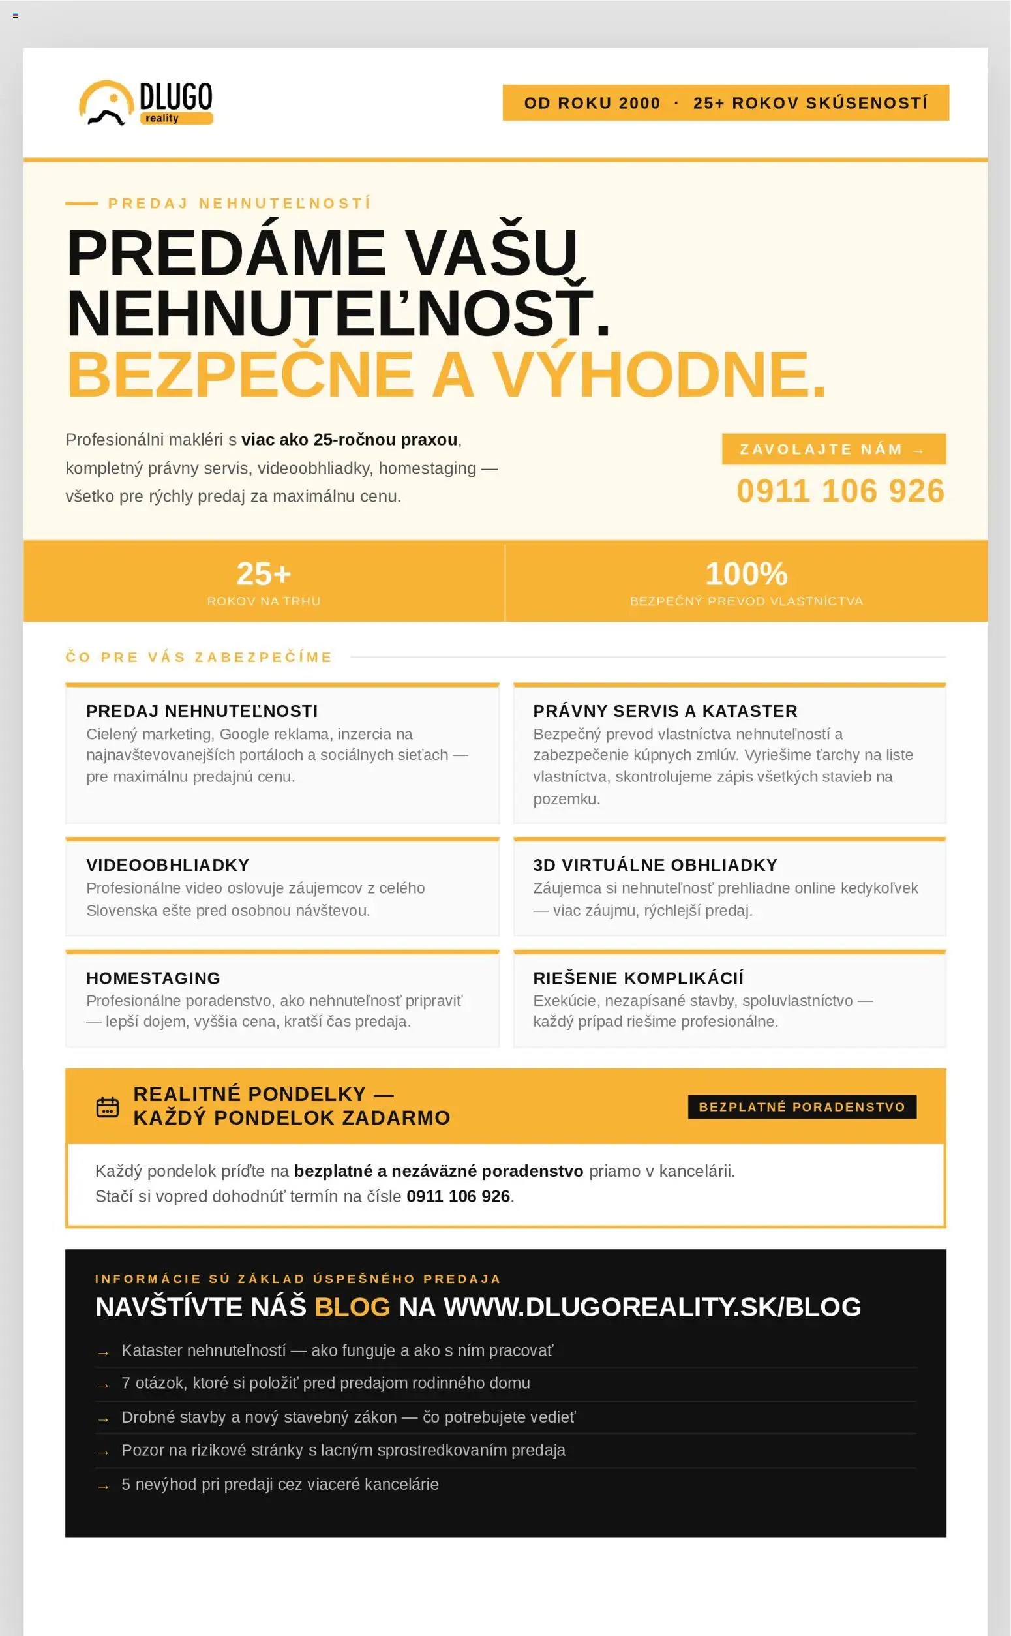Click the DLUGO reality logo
[145, 103]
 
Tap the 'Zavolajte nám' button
[833, 449]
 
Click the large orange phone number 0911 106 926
[840, 491]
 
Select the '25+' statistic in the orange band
[264, 574]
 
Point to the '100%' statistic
[746, 574]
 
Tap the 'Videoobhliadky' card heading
[167, 864]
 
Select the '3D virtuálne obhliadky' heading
[655, 864]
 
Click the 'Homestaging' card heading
[153, 977]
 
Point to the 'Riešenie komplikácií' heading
[638, 977]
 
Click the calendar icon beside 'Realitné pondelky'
[108, 1107]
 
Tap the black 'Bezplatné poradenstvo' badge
[802, 1106]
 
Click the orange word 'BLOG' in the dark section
[352, 1307]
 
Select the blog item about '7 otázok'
[325, 1383]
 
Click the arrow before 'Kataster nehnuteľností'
[103, 1352]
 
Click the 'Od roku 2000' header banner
[725, 103]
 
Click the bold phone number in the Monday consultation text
[458, 1196]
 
